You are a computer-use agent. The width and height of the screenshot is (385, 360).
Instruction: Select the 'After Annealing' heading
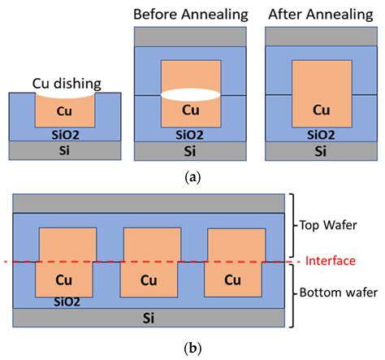(x=314, y=15)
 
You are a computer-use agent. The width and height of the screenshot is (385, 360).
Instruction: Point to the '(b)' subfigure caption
(x=192, y=349)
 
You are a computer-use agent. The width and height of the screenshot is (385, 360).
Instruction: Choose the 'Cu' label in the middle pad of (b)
(x=149, y=281)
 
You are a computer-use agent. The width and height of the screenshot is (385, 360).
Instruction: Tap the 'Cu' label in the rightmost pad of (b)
(x=233, y=281)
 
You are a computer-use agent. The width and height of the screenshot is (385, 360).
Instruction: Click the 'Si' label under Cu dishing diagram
(x=66, y=150)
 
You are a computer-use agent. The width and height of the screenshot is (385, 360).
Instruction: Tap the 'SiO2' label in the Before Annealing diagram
(x=190, y=133)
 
